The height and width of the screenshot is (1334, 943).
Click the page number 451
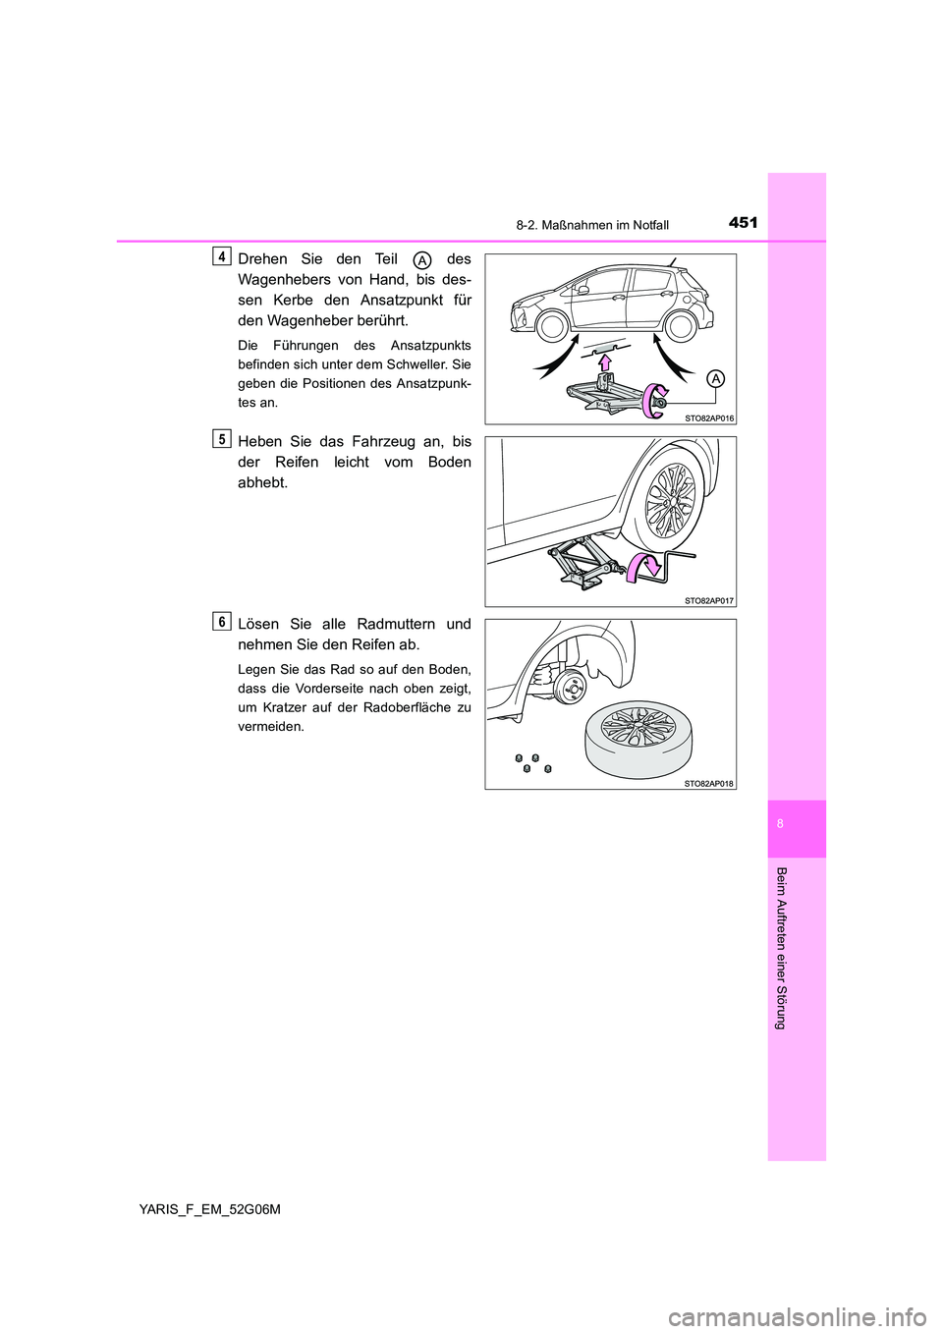point(744,223)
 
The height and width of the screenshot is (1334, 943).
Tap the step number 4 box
point(223,256)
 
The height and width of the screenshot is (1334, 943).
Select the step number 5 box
point(223,439)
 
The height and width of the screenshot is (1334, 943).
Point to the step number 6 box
point(223,621)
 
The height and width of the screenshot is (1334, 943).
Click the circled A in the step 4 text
point(421,259)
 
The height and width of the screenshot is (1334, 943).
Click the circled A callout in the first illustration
point(716,379)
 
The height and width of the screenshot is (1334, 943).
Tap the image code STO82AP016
point(709,417)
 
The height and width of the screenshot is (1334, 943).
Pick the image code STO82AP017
point(709,600)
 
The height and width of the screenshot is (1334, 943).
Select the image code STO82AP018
point(709,783)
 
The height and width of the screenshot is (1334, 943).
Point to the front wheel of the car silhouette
point(553,325)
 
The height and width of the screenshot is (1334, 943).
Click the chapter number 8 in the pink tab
point(780,824)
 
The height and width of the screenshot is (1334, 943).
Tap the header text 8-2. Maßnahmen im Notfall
point(592,225)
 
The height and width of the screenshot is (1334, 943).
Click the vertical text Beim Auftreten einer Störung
point(780,949)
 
